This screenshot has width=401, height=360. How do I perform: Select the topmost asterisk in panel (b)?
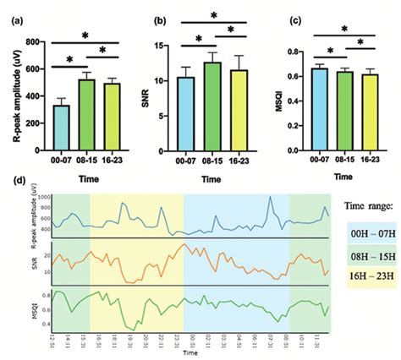pyautogui.click(x=212, y=14)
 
